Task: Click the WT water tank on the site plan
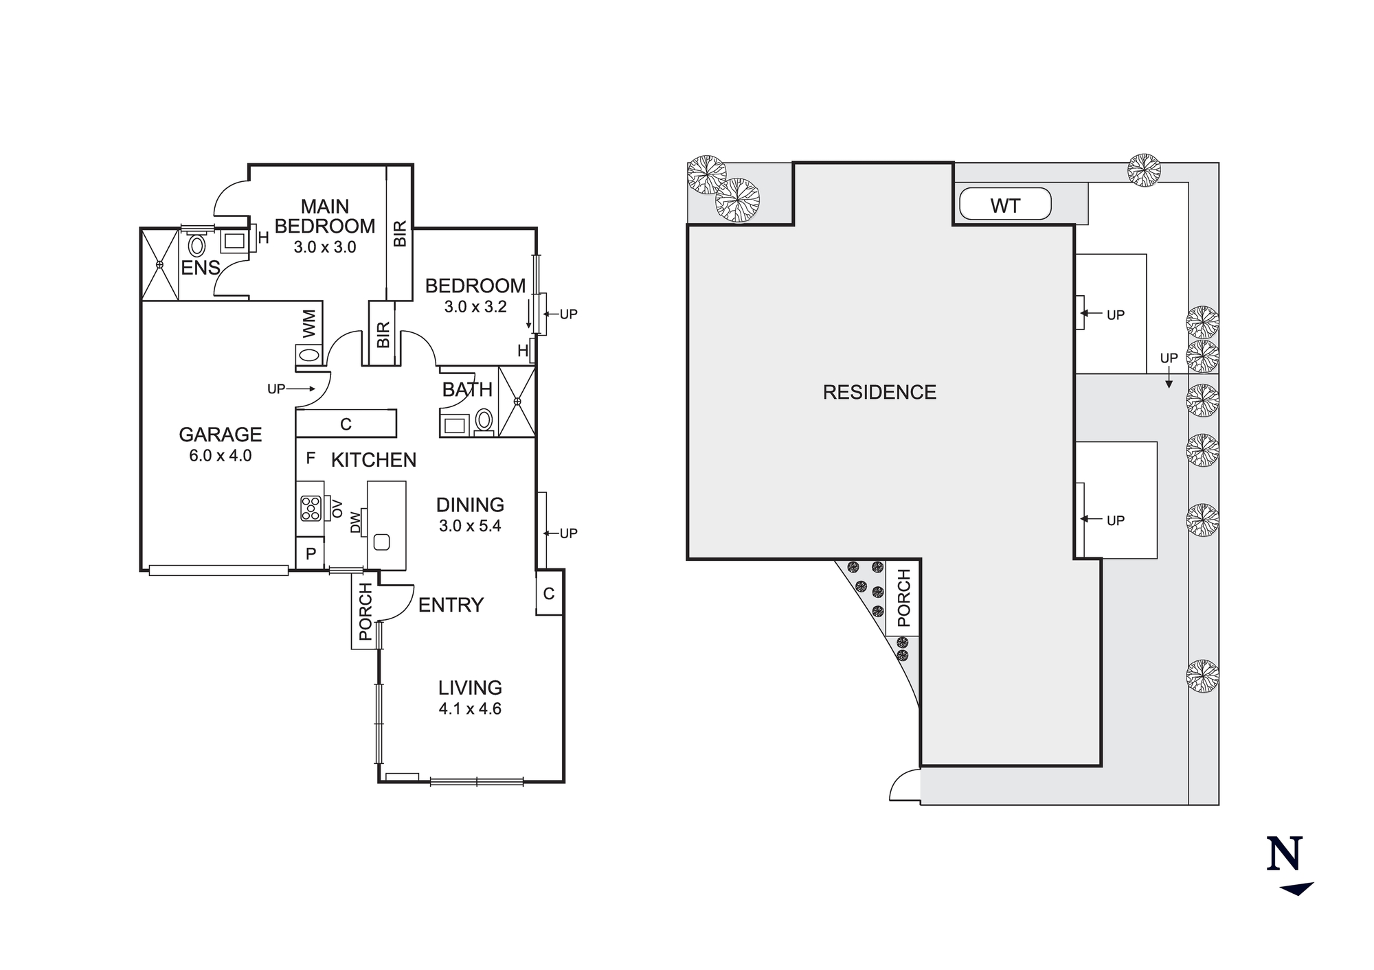pos(1004,205)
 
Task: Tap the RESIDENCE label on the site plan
pos(879,392)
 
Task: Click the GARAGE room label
pos(220,435)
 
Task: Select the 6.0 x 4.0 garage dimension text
pos(220,455)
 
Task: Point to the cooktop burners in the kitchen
pos(311,508)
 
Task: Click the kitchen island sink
pos(381,542)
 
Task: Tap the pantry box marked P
pos(311,553)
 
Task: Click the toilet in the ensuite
pos(197,245)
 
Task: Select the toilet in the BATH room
pos(484,419)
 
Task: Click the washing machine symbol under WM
pos(309,355)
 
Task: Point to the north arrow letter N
pos(1284,855)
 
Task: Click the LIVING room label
pos(470,687)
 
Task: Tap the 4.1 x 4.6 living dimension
pos(470,708)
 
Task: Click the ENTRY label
pos(451,605)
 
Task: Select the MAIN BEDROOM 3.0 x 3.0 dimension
pos(325,247)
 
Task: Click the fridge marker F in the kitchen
pos(311,458)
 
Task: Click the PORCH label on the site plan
pos(903,597)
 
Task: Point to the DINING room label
pos(470,505)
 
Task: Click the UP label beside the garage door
pos(275,389)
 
